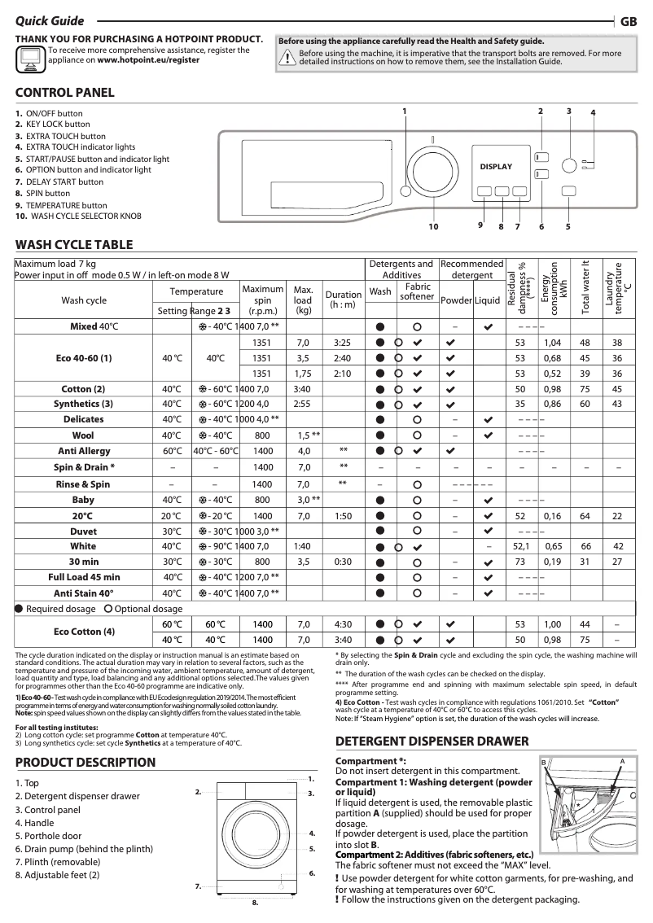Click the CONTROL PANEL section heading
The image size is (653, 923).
pos(65,93)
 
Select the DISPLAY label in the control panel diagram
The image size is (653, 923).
pos(496,167)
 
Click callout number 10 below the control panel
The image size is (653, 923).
pos(433,226)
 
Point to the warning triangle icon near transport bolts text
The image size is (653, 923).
pos(287,57)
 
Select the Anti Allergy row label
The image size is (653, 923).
pos(83,451)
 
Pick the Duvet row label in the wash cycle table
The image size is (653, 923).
pos(83,531)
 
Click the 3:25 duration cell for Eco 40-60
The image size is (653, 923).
pos(343,343)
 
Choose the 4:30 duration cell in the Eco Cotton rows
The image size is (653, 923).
pos(343,624)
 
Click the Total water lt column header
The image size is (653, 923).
pos(585,287)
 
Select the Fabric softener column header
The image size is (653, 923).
pos(418,291)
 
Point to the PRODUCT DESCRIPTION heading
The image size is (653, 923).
pos(85,763)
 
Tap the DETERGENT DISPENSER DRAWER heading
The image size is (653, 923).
pos(432,741)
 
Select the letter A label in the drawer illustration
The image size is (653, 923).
pos(621,760)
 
